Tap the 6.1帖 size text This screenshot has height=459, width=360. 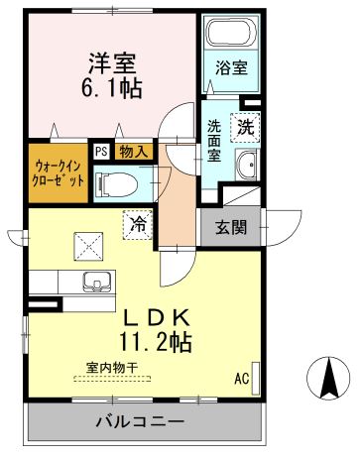click(112, 89)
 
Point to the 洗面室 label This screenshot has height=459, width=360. click(215, 134)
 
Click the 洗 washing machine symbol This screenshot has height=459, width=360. click(244, 126)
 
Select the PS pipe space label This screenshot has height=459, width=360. click(101, 152)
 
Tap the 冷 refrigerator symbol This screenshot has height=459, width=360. click(138, 226)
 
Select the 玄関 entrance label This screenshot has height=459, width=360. click(231, 226)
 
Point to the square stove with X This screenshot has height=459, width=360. click(87, 241)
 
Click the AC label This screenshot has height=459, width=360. click(239, 379)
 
